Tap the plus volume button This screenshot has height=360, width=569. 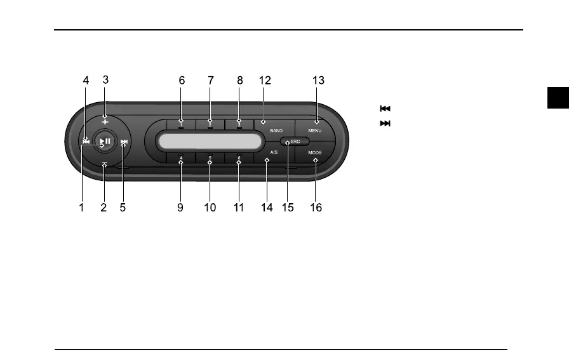click(x=105, y=120)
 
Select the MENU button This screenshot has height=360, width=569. click(x=316, y=129)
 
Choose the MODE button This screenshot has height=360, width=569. click(x=316, y=153)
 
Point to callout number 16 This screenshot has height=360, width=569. click(x=316, y=208)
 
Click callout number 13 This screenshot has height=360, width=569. click(x=318, y=81)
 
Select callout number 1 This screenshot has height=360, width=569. click(x=82, y=208)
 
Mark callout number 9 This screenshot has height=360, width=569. click(x=180, y=208)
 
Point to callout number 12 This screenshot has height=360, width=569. click(x=265, y=81)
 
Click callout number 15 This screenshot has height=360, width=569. click(x=288, y=208)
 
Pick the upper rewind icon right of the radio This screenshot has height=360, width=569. click(x=384, y=109)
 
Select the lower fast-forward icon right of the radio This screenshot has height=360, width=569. click(x=384, y=123)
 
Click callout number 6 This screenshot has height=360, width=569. click(x=182, y=81)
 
